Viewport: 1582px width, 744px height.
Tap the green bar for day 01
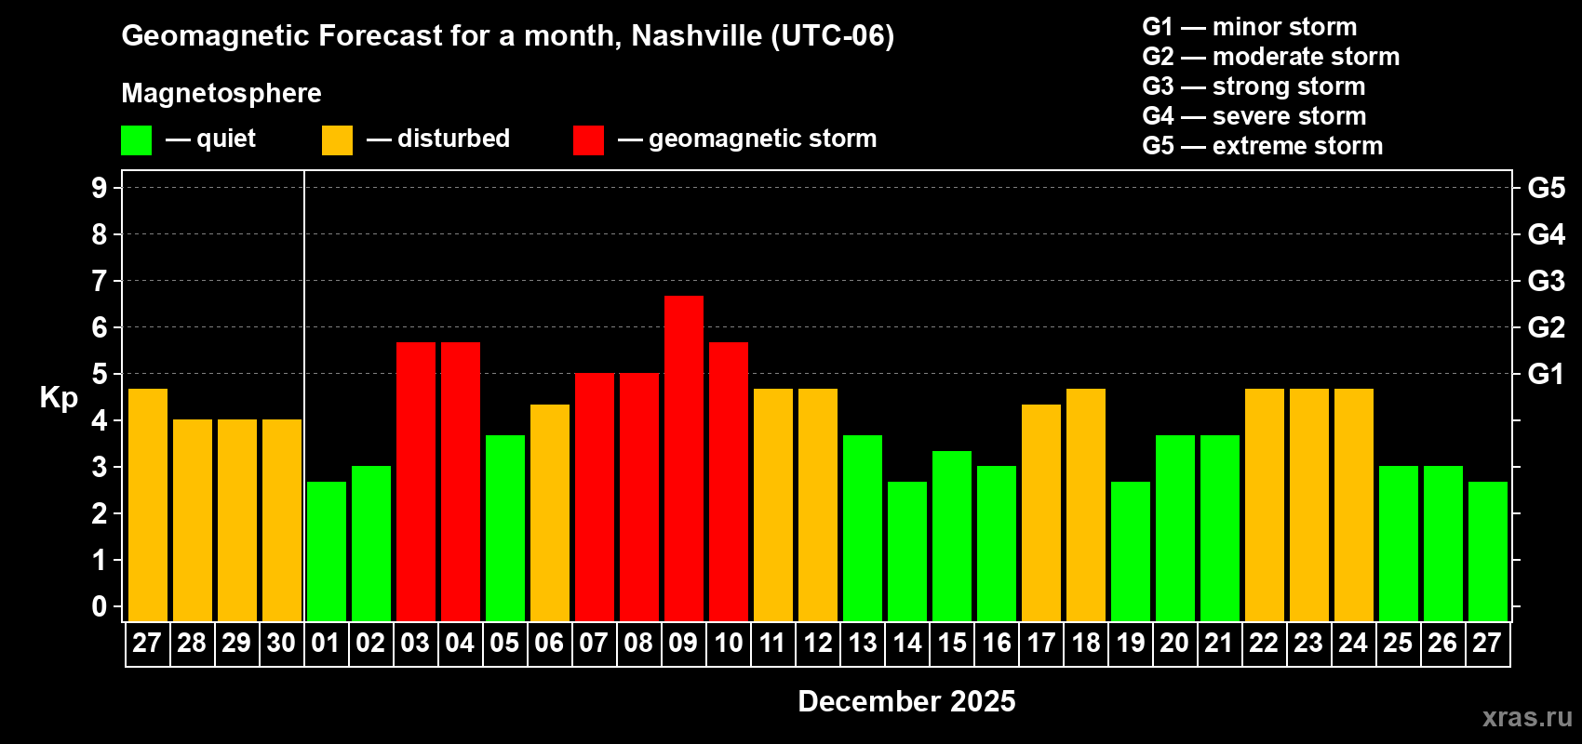[x=327, y=551]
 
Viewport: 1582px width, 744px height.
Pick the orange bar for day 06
[x=550, y=511]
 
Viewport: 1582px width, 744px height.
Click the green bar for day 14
[x=907, y=551]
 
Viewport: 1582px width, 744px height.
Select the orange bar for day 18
[x=1086, y=504]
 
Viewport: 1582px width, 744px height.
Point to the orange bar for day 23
[x=1309, y=504]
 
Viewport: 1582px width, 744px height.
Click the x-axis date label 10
[x=728, y=643]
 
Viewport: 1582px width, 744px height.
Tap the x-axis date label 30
[x=281, y=643]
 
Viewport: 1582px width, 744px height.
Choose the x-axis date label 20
[x=1174, y=643]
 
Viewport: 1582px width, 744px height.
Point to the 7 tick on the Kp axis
[x=100, y=281]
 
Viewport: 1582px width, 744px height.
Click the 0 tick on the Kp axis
[x=100, y=606]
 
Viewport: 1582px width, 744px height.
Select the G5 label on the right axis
[x=1546, y=188]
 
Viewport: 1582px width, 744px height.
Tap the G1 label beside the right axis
[x=1546, y=374]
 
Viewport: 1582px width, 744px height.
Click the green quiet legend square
[x=137, y=140]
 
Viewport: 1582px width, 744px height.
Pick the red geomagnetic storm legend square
[x=588, y=140]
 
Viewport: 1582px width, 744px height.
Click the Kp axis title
[x=59, y=397]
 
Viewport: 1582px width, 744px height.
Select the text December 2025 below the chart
[x=906, y=701]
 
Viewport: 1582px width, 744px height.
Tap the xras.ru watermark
[x=1527, y=716]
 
